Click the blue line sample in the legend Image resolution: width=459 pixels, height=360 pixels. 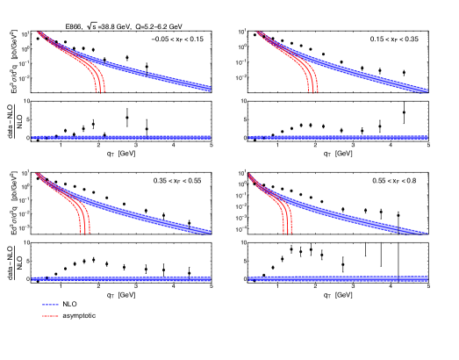(x=50, y=305)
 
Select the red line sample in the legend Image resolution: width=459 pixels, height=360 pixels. (x=50, y=315)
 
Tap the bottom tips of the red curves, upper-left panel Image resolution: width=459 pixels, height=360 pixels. (x=99, y=90)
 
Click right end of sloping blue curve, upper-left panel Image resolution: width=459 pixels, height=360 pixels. (x=209, y=88)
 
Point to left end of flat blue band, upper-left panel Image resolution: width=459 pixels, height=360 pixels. (x=33, y=137)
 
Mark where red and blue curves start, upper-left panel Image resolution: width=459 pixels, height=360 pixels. (x=39, y=33)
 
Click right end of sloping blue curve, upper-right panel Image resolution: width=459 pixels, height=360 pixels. (x=427, y=90)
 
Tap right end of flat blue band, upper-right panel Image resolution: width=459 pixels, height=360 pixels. (x=427, y=137)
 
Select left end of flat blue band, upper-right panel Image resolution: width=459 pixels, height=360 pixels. (x=250, y=137)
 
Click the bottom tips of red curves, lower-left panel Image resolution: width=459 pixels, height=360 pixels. (x=85, y=233)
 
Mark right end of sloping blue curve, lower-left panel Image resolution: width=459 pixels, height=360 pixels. (x=209, y=232)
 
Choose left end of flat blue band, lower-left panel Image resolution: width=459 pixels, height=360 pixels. (x=33, y=278)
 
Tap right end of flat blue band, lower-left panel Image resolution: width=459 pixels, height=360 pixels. (x=209, y=278)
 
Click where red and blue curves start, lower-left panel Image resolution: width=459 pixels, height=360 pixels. (x=37, y=174)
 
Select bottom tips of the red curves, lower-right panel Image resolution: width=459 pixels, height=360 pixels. (x=287, y=233)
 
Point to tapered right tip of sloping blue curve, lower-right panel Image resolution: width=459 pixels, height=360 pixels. (x=427, y=233)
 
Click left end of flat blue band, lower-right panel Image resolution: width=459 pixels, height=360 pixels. (x=250, y=278)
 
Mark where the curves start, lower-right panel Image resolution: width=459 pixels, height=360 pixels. (x=250, y=175)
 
